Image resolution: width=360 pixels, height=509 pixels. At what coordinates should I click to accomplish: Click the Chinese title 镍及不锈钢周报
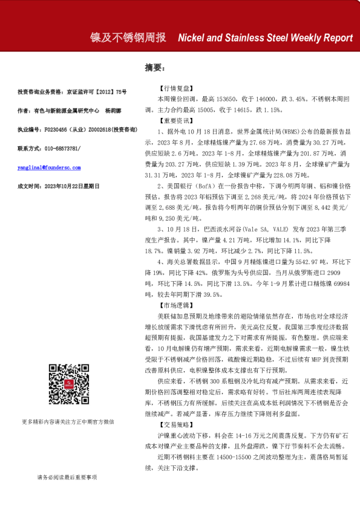pyautogui.click(x=127, y=37)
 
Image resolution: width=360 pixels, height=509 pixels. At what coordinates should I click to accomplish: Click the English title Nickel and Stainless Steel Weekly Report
pyautogui.click(x=265, y=37)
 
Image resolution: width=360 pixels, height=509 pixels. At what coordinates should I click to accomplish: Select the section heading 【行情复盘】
pyautogui.click(x=174, y=88)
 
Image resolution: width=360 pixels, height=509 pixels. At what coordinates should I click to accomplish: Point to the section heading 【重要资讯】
pyautogui.click(x=174, y=121)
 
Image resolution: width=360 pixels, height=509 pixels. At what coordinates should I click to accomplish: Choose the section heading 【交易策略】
pyautogui.click(x=174, y=433)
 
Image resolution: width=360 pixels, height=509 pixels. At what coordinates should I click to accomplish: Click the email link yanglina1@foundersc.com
pyautogui.click(x=49, y=167)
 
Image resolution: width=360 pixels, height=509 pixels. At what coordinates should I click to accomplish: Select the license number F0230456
pyautogui.click(x=54, y=129)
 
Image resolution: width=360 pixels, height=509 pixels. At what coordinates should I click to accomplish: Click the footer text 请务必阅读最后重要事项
pyautogui.click(x=67, y=477)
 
